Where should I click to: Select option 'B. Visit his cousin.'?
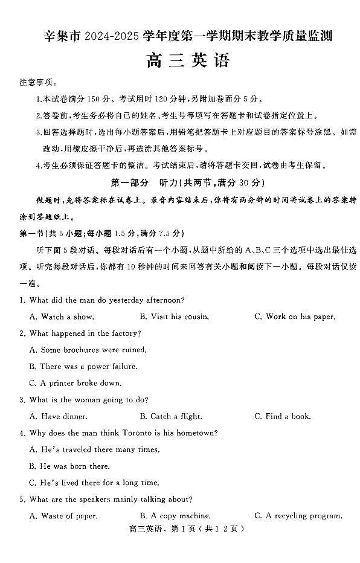click(174, 317)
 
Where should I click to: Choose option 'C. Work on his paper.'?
click(294, 317)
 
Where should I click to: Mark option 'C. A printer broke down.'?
click(75, 383)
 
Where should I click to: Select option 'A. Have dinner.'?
click(58, 416)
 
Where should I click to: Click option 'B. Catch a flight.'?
click(170, 416)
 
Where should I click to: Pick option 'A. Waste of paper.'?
click(63, 516)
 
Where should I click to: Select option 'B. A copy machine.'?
click(175, 516)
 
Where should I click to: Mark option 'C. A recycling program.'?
click(298, 516)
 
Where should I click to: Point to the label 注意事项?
click(37, 82)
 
